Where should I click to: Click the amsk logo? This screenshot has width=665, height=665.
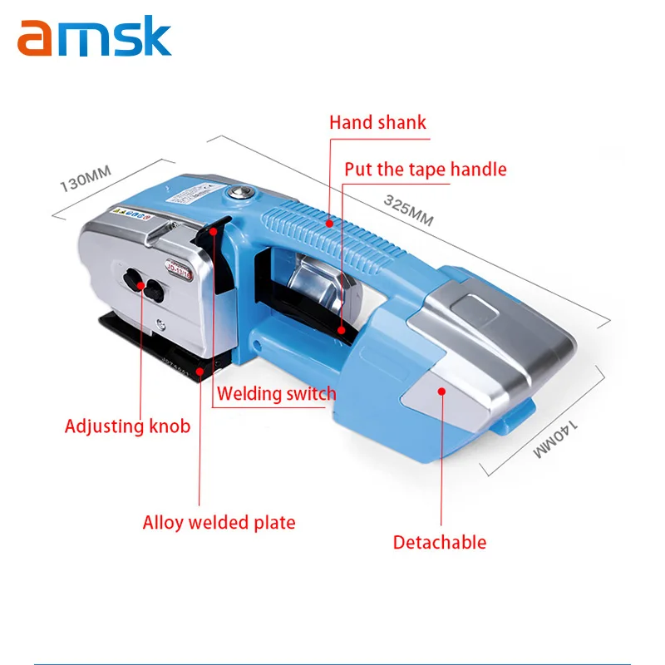click(x=94, y=38)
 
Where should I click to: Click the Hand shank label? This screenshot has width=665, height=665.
click(x=377, y=122)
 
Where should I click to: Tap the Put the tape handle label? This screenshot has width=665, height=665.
click(x=426, y=170)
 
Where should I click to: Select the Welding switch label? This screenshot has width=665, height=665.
click(x=277, y=392)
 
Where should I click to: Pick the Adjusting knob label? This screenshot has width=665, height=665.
click(x=127, y=426)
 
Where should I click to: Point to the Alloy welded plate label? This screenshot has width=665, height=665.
click(x=219, y=523)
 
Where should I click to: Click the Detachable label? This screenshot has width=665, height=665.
click(x=439, y=542)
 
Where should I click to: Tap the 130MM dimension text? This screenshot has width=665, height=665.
click(x=85, y=178)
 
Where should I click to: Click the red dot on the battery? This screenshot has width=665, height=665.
click(x=442, y=389)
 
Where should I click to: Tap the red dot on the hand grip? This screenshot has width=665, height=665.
click(x=330, y=222)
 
